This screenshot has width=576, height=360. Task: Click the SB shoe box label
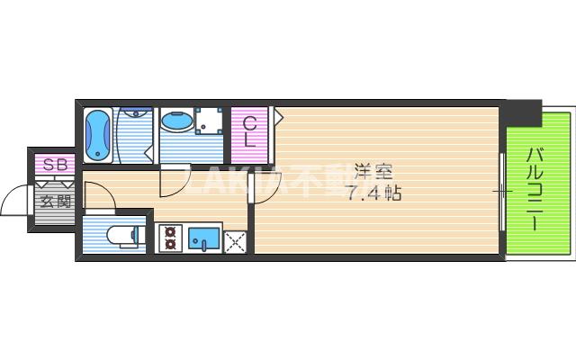point(53,165)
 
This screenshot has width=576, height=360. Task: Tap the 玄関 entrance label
point(54,200)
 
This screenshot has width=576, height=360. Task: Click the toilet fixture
point(121,236)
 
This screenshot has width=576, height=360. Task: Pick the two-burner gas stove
point(170,238)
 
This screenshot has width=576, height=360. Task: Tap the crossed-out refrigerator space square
point(235,240)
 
